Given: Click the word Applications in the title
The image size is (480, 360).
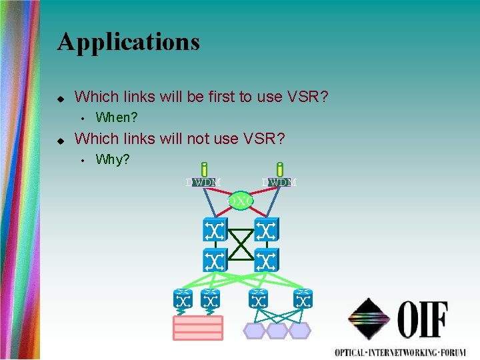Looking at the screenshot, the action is [129, 41].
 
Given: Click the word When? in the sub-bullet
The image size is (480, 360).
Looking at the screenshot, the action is [117, 118].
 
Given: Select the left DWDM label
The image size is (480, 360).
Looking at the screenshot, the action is [204, 182].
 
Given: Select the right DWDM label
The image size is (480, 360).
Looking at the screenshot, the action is [279, 182].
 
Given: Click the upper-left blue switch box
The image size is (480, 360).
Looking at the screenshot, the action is [215, 231].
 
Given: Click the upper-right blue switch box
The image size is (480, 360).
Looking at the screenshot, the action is [267, 231].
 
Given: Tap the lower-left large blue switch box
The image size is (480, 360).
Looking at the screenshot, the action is [215, 260].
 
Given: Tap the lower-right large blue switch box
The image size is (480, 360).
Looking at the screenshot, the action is [267, 260].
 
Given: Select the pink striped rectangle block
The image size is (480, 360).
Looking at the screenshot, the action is [198, 328].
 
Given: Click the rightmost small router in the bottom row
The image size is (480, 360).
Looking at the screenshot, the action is [303, 299].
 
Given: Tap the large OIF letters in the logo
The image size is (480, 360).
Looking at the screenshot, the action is [423, 320].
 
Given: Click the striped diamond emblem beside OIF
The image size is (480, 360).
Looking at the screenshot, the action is [368, 320].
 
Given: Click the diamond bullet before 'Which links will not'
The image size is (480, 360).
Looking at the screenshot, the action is [61, 140].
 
